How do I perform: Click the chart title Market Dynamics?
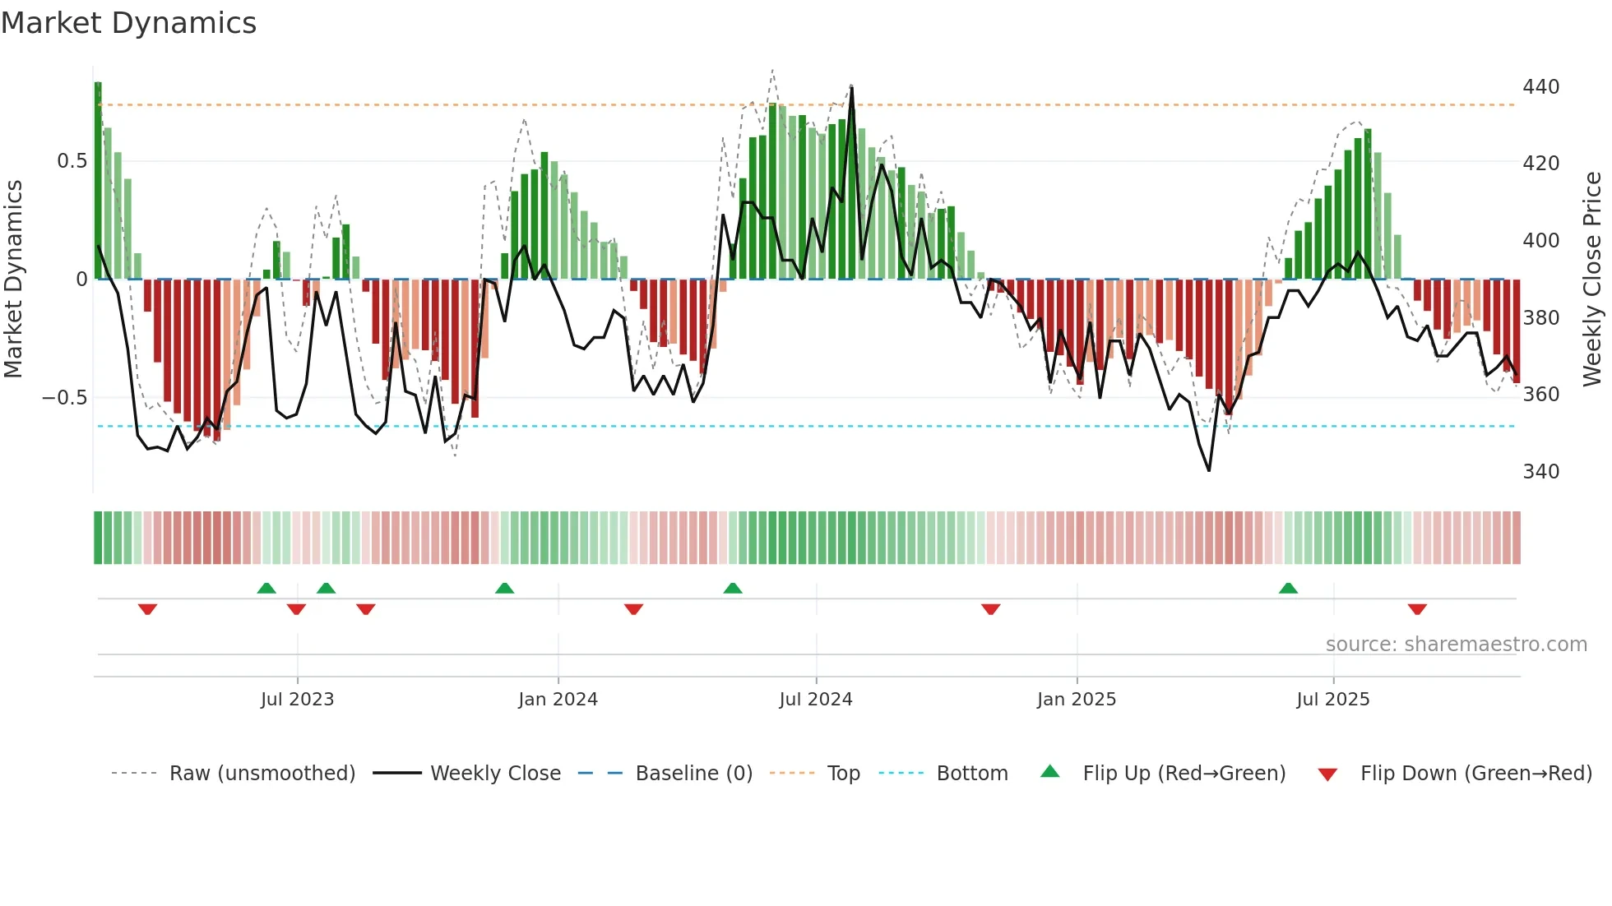pyautogui.click(x=128, y=23)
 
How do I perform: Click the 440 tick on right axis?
pyautogui.click(x=1540, y=87)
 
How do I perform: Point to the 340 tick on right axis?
pyautogui.click(x=1540, y=472)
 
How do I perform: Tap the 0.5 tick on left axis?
pyautogui.click(x=72, y=161)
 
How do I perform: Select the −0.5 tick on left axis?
pyautogui.click(x=65, y=398)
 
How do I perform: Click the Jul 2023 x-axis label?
pyautogui.click(x=297, y=700)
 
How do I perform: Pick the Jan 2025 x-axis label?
pyautogui.click(x=1076, y=700)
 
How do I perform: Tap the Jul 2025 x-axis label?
pyautogui.click(x=1332, y=700)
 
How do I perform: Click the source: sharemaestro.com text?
pyautogui.click(x=1456, y=645)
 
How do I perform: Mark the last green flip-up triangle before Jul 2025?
pyautogui.click(x=1288, y=589)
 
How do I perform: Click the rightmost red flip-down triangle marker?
pyautogui.click(x=1416, y=609)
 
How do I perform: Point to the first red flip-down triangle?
pyautogui.click(x=147, y=609)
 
